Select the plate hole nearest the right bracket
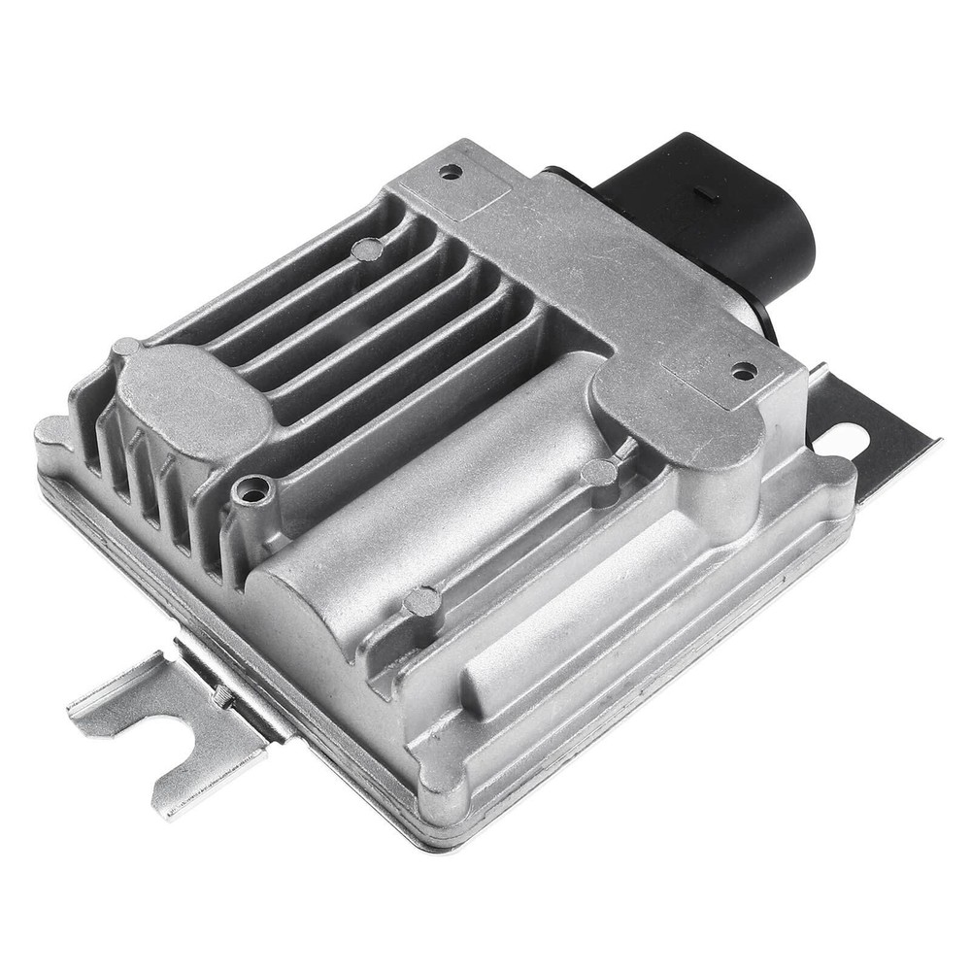(x=743, y=370)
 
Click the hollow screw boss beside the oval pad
(x=254, y=492)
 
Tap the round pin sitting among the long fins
(x=366, y=250)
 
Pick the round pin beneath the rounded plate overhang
(x=598, y=474)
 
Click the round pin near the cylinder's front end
(x=422, y=602)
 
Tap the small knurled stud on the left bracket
(x=222, y=694)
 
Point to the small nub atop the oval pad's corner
(x=125, y=348)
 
